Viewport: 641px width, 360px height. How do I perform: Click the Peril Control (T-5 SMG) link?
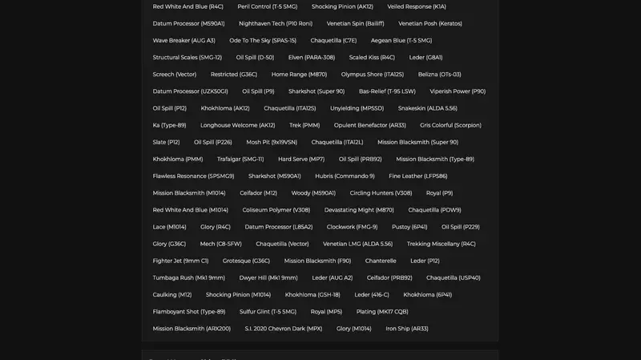[267, 6]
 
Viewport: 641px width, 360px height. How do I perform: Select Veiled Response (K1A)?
[417, 6]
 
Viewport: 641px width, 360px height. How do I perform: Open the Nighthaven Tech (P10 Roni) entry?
[276, 23]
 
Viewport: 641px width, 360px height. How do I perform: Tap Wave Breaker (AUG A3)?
[184, 40]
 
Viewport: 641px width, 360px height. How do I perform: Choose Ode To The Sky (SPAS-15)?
[263, 40]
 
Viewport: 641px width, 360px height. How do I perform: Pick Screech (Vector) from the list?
[175, 75]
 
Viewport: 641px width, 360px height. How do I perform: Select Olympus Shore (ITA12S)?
[373, 75]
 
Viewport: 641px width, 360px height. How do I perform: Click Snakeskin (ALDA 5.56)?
[428, 108]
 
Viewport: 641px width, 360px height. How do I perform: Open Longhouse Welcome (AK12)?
[237, 125]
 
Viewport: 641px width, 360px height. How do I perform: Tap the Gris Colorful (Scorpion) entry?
[450, 125]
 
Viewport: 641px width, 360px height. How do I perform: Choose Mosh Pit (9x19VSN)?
[272, 142]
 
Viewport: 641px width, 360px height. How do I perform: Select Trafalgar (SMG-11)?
[240, 159]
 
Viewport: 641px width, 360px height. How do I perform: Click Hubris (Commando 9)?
[345, 176]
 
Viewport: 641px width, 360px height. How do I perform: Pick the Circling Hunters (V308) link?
[381, 193]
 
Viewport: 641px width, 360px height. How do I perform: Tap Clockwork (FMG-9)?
[352, 227]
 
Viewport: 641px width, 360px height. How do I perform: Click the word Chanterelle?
[381, 261]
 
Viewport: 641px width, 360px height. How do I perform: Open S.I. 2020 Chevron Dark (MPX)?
[284, 329]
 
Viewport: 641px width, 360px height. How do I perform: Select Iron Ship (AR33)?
[407, 329]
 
